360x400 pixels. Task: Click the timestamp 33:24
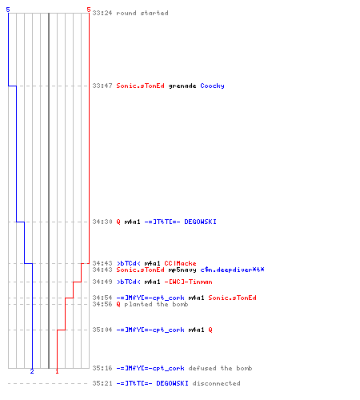[102, 13]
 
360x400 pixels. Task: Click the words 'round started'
[142, 13]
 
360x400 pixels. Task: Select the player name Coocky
[212, 86]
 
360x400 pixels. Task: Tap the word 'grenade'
[182, 86]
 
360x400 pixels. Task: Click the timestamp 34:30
[102, 222]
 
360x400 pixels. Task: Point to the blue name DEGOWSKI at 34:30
[200, 222]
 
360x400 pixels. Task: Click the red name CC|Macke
[180, 263]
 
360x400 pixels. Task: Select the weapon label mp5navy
[182, 270]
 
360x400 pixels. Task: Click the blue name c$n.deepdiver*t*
[232, 270]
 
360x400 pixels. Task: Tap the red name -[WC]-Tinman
[188, 282]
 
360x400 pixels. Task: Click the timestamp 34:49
[102, 282]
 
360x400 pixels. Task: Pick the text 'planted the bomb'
[156, 304]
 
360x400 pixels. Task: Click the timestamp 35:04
[102, 330]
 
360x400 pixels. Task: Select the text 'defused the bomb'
[220, 368]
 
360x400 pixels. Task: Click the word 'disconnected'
[216, 383]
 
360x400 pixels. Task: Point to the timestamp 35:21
[102, 383]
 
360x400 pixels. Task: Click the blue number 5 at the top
[8, 10]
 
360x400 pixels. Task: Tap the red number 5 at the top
[89, 10]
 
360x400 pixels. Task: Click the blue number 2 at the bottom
[32, 371]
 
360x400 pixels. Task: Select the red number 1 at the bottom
[57, 371]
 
